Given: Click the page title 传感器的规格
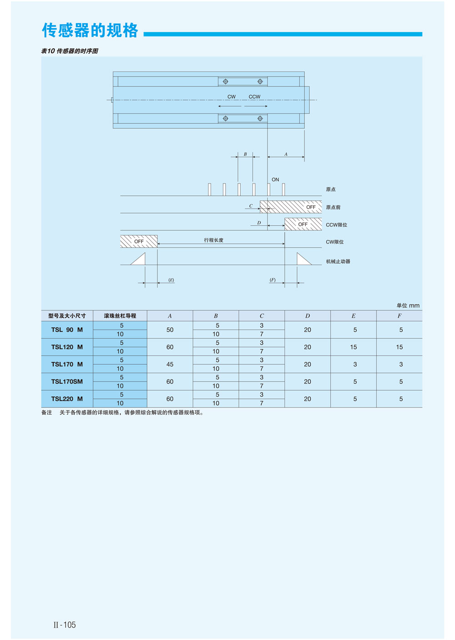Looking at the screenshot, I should coord(90,30).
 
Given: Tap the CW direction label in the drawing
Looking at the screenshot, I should coord(232,97).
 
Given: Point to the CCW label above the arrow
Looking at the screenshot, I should coord(254,97).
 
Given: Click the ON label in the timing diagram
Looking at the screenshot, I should coord(275,180).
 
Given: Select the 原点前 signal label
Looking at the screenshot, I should coord(333,208).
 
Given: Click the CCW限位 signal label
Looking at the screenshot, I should coord(336,225).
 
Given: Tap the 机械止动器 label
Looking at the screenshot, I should coord(338,262).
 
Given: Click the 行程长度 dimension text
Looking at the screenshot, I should coord(213,240).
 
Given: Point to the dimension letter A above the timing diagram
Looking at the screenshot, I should coord(286,154).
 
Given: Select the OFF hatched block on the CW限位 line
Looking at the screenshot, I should coord(139,241).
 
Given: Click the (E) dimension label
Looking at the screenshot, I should coord(171,280).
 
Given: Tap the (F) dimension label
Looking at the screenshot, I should coord(273,280).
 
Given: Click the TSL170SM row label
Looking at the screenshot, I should coord(67,381).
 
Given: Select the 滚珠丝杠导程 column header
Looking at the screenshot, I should coord(120,316).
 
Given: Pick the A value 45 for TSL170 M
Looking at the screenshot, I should coord(170,364).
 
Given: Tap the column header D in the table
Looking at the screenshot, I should coord(308,316).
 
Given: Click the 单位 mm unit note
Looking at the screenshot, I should coord(408,305).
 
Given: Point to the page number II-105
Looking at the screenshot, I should coord(65,625).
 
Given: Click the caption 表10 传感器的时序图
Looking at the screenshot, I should coord(70,51).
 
